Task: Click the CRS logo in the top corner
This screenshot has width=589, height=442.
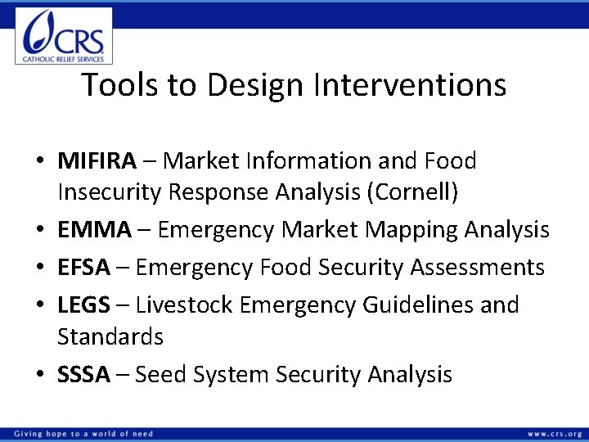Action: tap(64, 35)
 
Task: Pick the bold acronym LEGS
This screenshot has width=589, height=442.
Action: tap(83, 305)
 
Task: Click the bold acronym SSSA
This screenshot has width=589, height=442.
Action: tap(83, 375)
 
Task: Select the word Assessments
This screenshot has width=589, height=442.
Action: tap(479, 268)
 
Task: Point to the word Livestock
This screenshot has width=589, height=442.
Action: tap(182, 305)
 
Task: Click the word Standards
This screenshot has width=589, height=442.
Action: tap(110, 336)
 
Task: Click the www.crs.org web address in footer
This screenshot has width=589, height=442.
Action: tap(555, 434)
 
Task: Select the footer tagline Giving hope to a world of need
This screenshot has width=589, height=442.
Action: tap(83, 434)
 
